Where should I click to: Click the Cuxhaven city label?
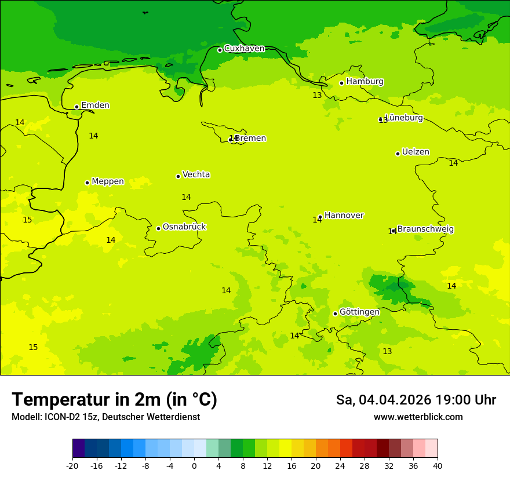[244, 49]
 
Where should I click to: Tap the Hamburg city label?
[365, 82]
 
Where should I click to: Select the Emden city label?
[95, 105]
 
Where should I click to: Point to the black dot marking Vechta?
[178, 176]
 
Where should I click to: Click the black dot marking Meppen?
[87, 183]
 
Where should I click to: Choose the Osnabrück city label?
[184, 227]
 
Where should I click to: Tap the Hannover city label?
[344, 216]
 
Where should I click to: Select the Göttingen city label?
[359, 312]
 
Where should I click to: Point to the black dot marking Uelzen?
[398, 154]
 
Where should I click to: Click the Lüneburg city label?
[404, 118]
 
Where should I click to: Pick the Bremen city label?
[251, 139]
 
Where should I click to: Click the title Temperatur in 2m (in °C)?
[114, 400]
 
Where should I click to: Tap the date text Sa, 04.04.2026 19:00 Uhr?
[416, 400]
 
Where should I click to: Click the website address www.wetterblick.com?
[418, 417]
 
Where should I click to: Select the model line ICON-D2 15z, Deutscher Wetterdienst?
[105, 417]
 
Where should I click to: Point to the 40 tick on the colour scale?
[437, 465]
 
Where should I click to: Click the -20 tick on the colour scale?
[72, 465]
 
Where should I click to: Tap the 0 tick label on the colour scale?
[194, 465]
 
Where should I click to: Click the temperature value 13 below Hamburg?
[317, 96]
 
